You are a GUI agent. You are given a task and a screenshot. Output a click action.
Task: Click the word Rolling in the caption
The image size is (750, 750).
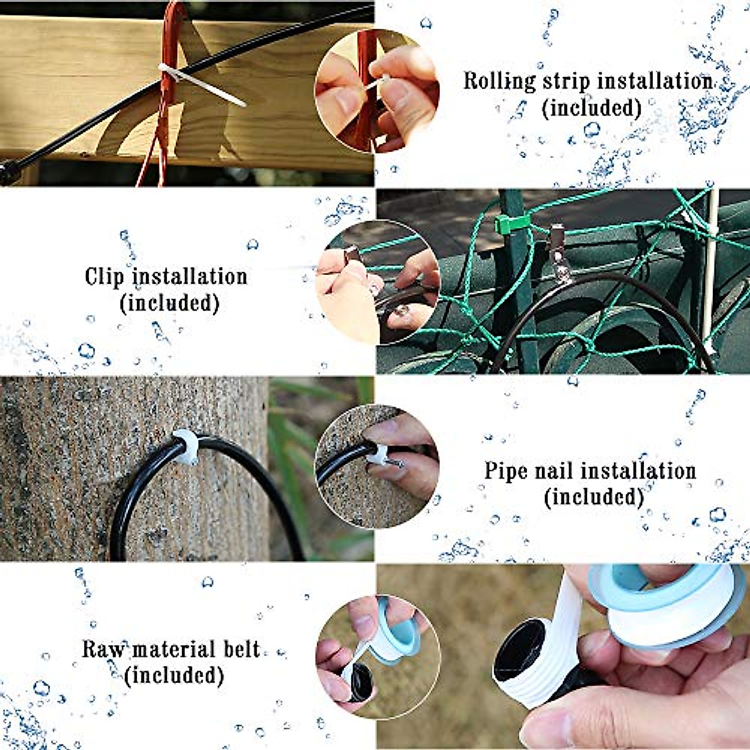(491, 81)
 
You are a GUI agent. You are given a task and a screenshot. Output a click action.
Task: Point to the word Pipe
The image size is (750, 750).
(506, 471)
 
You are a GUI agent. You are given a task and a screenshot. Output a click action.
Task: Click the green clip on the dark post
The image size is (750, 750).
(508, 224)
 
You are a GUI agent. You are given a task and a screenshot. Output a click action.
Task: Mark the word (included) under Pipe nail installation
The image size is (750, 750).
(593, 497)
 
